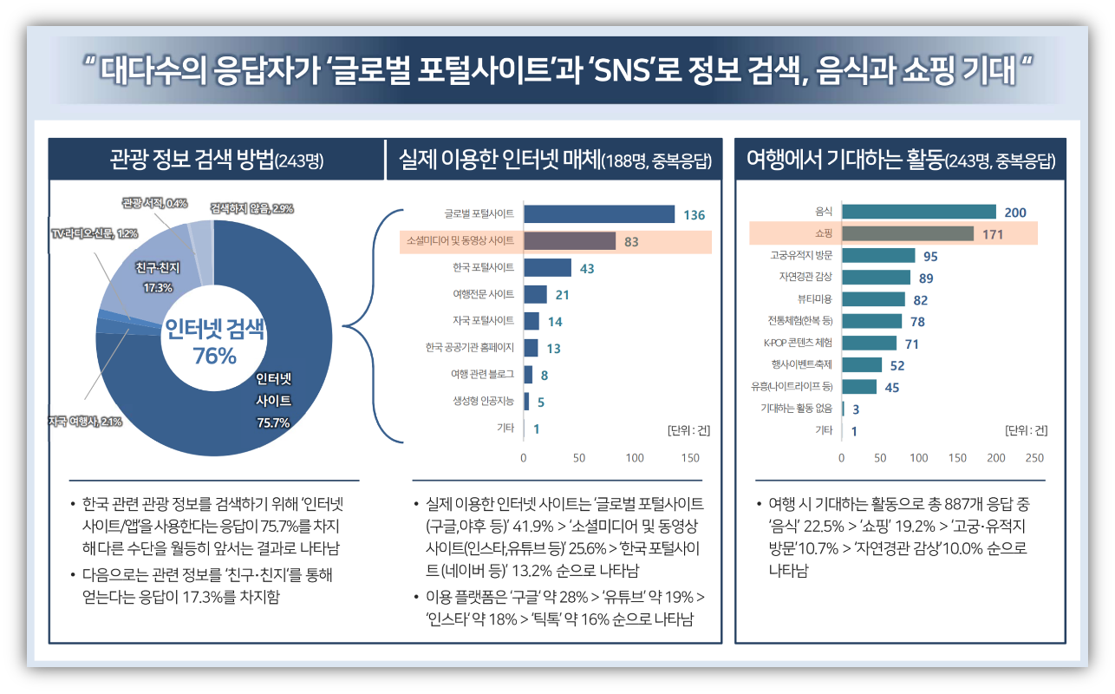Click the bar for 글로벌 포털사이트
click(x=598, y=214)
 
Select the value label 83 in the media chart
click(x=631, y=242)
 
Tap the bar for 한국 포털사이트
click(x=547, y=268)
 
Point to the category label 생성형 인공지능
click(x=483, y=401)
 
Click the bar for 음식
click(x=918, y=212)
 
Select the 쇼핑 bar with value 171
click(x=907, y=233)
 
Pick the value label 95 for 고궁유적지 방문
click(x=930, y=256)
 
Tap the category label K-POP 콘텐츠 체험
click(x=797, y=343)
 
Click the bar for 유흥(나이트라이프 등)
click(x=858, y=387)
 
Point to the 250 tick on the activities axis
click(x=1034, y=457)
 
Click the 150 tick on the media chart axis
click(x=690, y=457)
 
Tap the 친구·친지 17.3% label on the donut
click(x=158, y=278)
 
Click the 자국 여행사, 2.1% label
click(x=85, y=422)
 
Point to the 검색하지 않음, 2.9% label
click(x=251, y=208)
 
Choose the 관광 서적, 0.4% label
click(x=154, y=203)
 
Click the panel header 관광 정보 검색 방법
click(x=216, y=160)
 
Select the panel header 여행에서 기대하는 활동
click(x=900, y=160)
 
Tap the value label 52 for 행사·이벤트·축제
click(x=897, y=365)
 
